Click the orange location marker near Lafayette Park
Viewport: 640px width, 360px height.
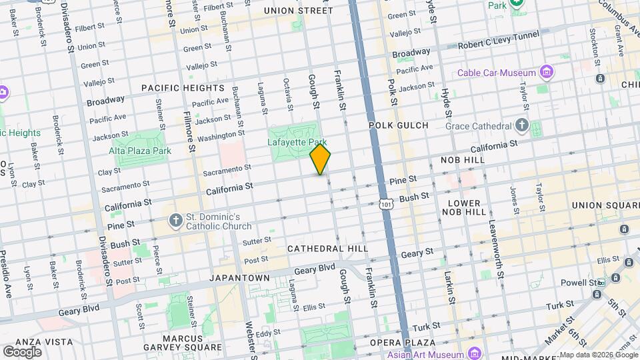coord(320,160)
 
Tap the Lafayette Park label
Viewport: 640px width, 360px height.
coord(297,142)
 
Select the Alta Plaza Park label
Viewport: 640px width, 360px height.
coord(140,151)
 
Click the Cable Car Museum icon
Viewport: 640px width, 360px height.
coord(547,72)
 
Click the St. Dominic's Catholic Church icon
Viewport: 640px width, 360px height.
coord(175,221)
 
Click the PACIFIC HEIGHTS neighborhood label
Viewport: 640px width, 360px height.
coord(182,88)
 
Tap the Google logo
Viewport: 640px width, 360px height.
coord(22,351)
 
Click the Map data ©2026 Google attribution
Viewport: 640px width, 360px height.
coord(597,355)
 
